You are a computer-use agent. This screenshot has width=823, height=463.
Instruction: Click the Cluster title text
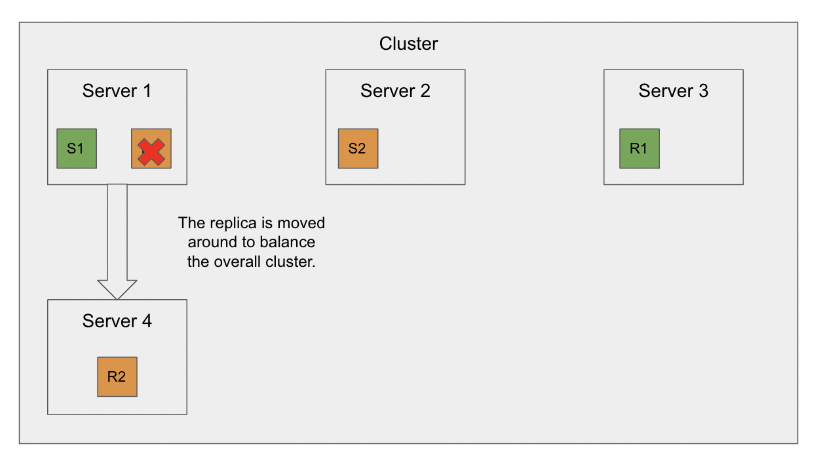tap(408, 44)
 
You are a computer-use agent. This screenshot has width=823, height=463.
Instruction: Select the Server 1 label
tap(117, 91)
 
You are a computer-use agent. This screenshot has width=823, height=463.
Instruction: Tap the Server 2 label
tap(395, 91)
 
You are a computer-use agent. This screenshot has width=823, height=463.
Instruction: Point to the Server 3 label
tap(673, 91)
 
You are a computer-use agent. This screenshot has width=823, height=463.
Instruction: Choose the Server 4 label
tap(117, 321)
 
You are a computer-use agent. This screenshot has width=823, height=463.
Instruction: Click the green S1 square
tap(77, 148)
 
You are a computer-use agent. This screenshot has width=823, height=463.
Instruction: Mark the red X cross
tap(151, 152)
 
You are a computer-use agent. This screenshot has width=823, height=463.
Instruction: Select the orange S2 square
tap(358, 148)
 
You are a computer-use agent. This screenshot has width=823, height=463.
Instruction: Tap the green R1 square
tap(639, 148)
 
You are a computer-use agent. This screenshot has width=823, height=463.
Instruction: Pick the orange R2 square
tap(117, 377)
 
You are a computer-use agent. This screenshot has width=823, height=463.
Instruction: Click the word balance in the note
tap(288, 243)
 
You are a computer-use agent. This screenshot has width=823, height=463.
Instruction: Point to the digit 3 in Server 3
tap(703, 91)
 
